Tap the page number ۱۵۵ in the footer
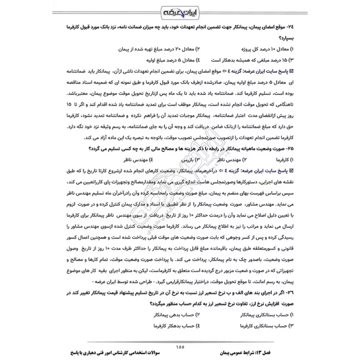(x=180, y=346)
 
